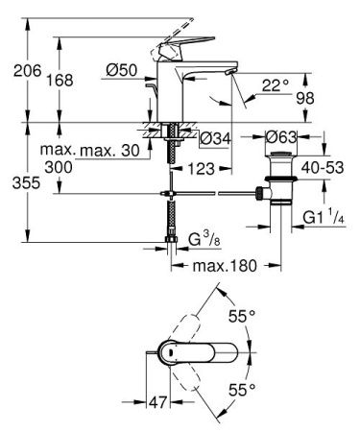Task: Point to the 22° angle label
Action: pyautogui.click(x=276, y=85)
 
